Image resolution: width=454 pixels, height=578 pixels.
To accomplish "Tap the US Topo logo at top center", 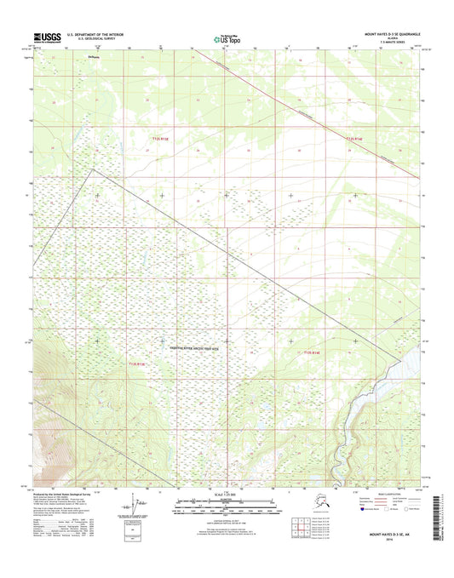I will pos(227,37).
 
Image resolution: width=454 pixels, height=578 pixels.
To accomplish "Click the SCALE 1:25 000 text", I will pos(227,496).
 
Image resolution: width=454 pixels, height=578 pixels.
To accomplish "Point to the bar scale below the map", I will pos(227,504).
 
